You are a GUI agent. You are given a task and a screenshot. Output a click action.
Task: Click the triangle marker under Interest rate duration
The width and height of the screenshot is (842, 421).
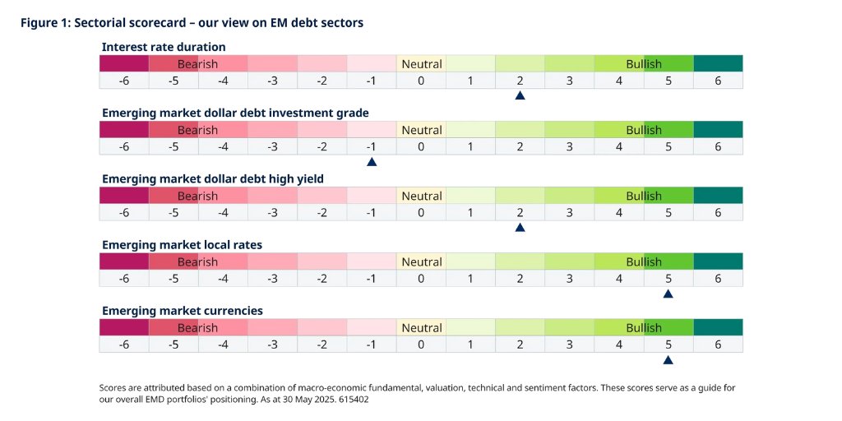point(520,96)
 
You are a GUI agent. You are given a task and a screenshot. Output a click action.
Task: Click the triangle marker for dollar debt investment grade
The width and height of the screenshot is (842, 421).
point(372,162)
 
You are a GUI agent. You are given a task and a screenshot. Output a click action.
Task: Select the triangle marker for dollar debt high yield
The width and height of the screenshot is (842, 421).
point(520,228)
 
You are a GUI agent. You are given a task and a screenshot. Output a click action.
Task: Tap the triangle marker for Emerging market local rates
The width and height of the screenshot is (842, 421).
point(668,294)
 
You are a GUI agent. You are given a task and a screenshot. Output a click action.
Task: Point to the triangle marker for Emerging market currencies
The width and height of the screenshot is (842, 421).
point(668,359)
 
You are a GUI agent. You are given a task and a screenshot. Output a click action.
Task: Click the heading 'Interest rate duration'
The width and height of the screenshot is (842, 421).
point(164,47)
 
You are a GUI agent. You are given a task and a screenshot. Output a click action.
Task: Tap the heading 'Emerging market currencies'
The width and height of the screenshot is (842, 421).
point(183,310)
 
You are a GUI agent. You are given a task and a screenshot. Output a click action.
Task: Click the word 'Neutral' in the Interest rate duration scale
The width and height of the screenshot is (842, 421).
point(421,64)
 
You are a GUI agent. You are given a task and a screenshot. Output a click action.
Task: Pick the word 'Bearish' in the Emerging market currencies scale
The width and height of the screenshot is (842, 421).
point(198,327)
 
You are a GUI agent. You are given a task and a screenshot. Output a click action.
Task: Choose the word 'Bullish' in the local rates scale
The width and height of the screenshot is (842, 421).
point(644,261)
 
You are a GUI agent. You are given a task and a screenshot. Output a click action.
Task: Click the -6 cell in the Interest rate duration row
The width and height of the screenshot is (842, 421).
point(124,81)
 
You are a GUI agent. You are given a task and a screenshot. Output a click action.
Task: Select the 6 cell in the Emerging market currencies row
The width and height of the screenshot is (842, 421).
point(718,344)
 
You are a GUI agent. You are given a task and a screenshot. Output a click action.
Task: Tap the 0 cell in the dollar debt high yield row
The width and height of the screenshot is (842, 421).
point(421,212)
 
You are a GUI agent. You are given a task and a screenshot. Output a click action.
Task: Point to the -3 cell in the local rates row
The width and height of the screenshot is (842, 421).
point(273,278)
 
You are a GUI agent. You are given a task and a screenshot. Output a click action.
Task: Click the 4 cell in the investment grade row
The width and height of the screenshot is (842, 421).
point(619,146)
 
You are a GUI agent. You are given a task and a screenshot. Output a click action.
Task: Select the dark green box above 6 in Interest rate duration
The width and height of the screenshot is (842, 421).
point(718,63)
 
